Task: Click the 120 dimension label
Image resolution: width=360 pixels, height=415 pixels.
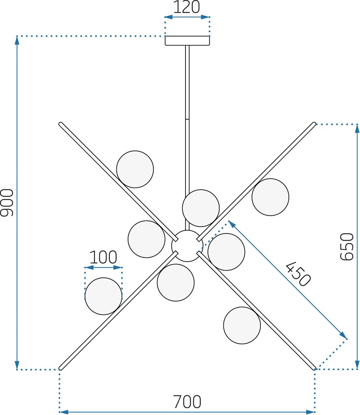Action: click(x=186, y=7)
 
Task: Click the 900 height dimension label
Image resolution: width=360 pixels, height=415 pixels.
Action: click(x=7, y=203)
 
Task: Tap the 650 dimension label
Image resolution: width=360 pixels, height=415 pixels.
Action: click(x=347, y=247)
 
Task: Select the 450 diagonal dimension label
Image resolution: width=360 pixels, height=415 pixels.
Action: click(x=298, y=274)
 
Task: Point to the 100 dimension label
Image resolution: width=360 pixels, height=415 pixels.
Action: click(x=103, y=257)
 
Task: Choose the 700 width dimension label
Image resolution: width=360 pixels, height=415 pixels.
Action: click(x=187, y=402)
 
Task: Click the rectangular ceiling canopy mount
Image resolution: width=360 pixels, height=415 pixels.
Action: click(x=188, y=41)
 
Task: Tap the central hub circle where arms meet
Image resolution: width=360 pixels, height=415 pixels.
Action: click(x=187, y=246)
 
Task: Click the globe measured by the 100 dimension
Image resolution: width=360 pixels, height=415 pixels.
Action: click(x=103, y=296)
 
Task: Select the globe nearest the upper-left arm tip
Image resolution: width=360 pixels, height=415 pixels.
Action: click(x=135, y=169)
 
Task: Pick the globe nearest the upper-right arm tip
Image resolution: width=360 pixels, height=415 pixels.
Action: click(x=270, y=197)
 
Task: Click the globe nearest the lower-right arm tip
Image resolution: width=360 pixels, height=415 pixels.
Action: click(x=242, y=325)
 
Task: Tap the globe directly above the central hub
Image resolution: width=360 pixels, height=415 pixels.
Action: click(x=201, y=208)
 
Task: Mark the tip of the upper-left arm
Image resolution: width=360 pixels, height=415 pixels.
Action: click(x=60, y=124)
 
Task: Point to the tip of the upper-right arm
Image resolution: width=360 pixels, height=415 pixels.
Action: click(x=314, y=124)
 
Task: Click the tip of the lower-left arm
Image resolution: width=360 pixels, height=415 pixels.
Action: click(x=60, y=368)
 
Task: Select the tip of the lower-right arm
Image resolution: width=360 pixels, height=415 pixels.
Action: click(x=314, y=368)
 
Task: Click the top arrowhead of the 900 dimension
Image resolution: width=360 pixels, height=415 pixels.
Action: click(x=17, y=40)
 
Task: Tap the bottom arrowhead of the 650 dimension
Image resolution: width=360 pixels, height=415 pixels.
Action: click(x=357, y=365)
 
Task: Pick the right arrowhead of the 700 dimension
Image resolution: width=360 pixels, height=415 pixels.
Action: click(x=311, y=412)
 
